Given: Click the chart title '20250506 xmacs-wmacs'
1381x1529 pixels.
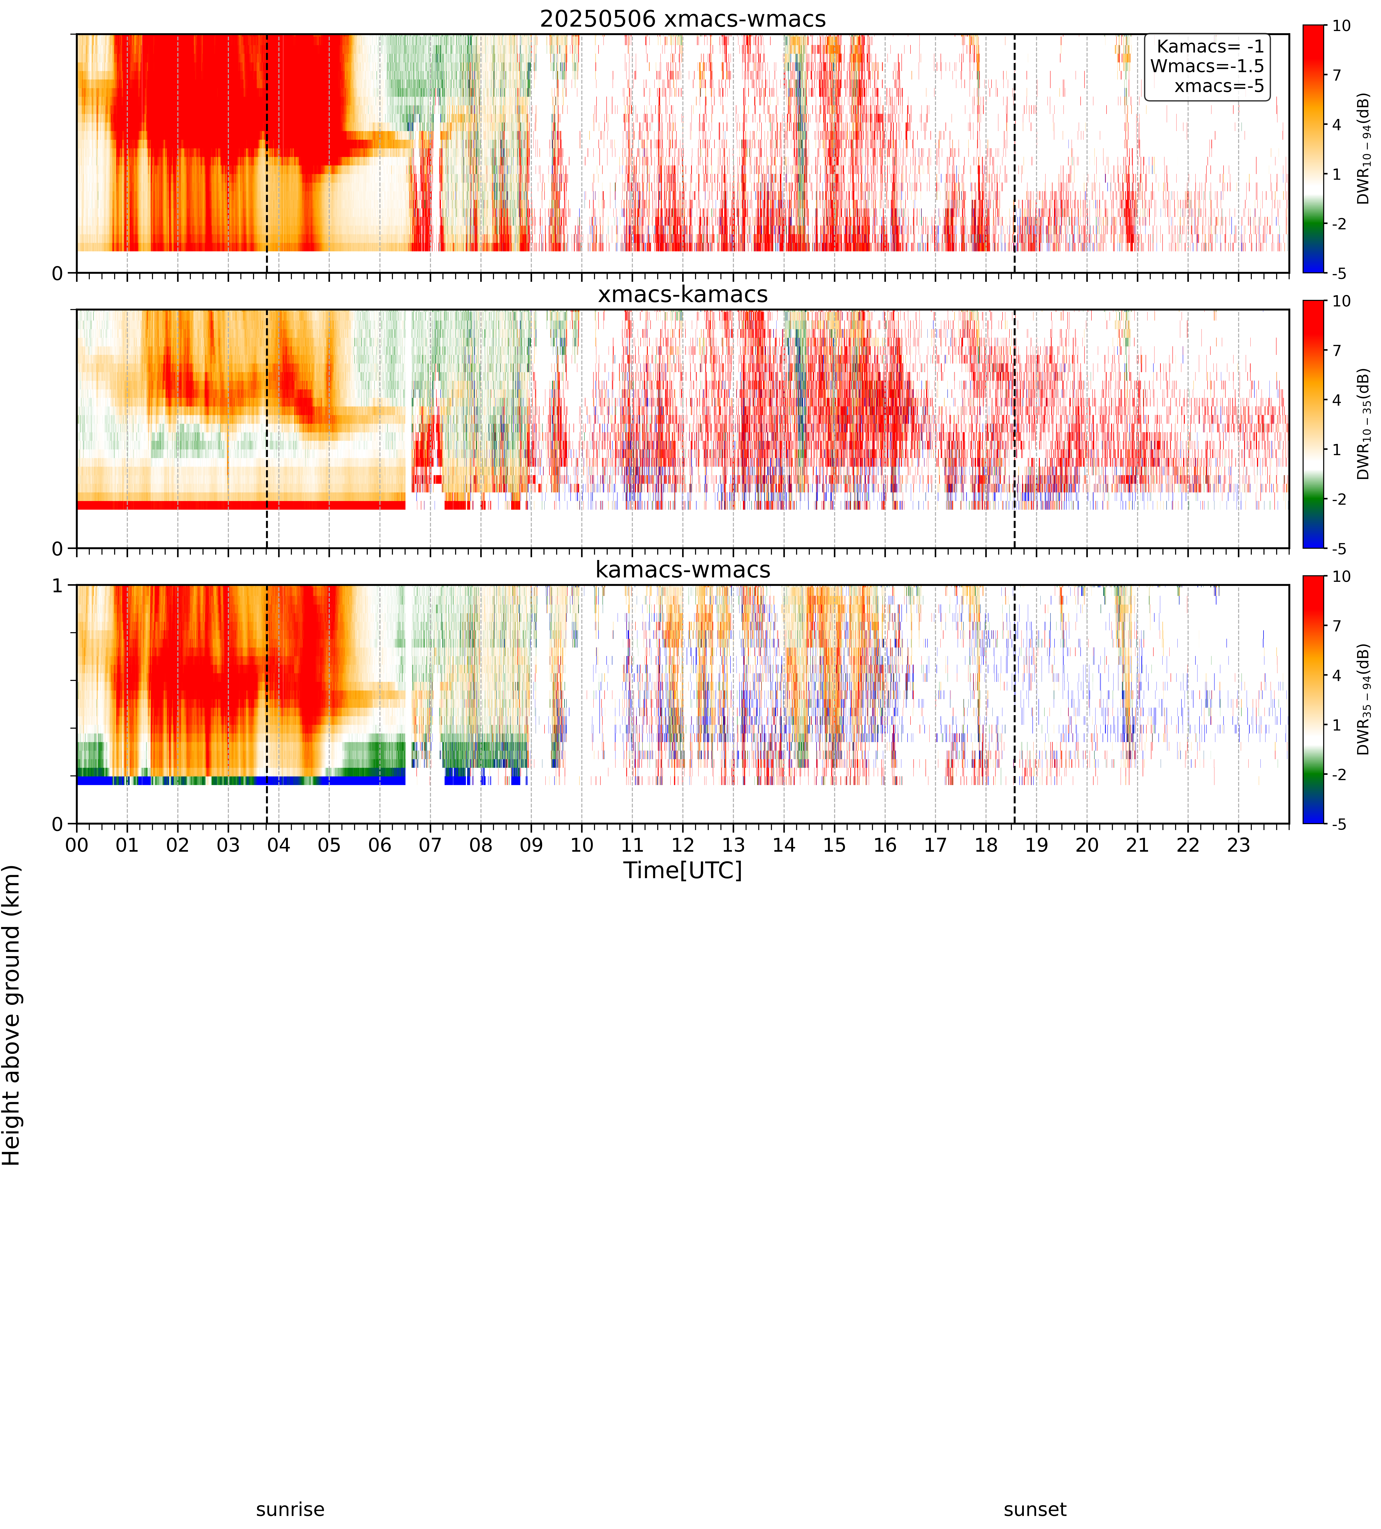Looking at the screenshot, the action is pyautogui.click(x=683, y=19).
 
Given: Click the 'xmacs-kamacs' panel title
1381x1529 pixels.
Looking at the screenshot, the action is pyautogui.click(x=683, y=294).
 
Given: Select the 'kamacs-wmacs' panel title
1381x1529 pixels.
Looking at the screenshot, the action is pyautogui.click(x=683, y=570).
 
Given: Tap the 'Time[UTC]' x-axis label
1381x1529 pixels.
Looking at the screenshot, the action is pyautogui.click(x=683, y=870).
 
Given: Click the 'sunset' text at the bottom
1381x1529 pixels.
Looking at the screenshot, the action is pyautogui.click(x=1035, y=1509).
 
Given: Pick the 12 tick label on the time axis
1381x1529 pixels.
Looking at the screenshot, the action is pyautogui.click(x=683, y=845).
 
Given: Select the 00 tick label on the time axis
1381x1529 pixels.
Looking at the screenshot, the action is pyautogui.click(x=77, y=845).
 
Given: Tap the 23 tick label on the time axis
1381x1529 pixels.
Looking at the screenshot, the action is pyautogui.click(x=1238, y=845).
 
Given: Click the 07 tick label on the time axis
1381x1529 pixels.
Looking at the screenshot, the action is pyautogui.click(x=430, y=845).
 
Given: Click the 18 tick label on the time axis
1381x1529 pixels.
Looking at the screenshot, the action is pyautogui.click(x=986, y=845).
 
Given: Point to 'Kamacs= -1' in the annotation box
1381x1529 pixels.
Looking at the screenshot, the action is pyautogui.click(x=1210, y=46).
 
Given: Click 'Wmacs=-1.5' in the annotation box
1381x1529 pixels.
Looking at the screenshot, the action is pyautogui.click(x=1207, y=66).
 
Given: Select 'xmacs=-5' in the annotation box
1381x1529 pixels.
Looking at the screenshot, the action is pyautogui.click(x=1219, y=86).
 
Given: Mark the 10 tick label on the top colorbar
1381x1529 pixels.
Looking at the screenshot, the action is pyautogui.click(x=1342, y=26).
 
